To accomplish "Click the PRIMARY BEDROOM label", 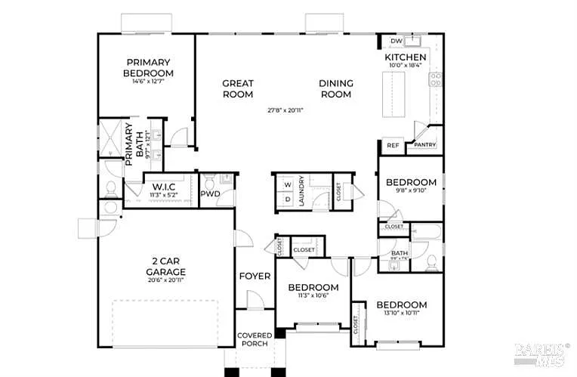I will [148, 67].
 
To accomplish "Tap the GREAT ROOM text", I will [237, 88].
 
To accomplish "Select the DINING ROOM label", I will [336, 88].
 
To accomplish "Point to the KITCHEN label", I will [406, 57].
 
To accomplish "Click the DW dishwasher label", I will [396, 42].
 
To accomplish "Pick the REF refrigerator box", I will [393, 145].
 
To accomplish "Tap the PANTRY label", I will [424, 145].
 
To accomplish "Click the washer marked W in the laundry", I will [288, 184].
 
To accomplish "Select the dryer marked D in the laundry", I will [288, 199].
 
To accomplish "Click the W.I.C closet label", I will [164, 187].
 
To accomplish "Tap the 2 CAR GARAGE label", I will [166, 267].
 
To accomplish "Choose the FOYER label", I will [255, 276].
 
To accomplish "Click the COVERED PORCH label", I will [255, 340].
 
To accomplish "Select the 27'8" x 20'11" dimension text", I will [285, 110].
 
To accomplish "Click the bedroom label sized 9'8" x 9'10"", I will [411, 182].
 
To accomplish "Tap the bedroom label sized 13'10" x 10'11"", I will [401, 304].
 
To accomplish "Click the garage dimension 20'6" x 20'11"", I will [166, 280].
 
